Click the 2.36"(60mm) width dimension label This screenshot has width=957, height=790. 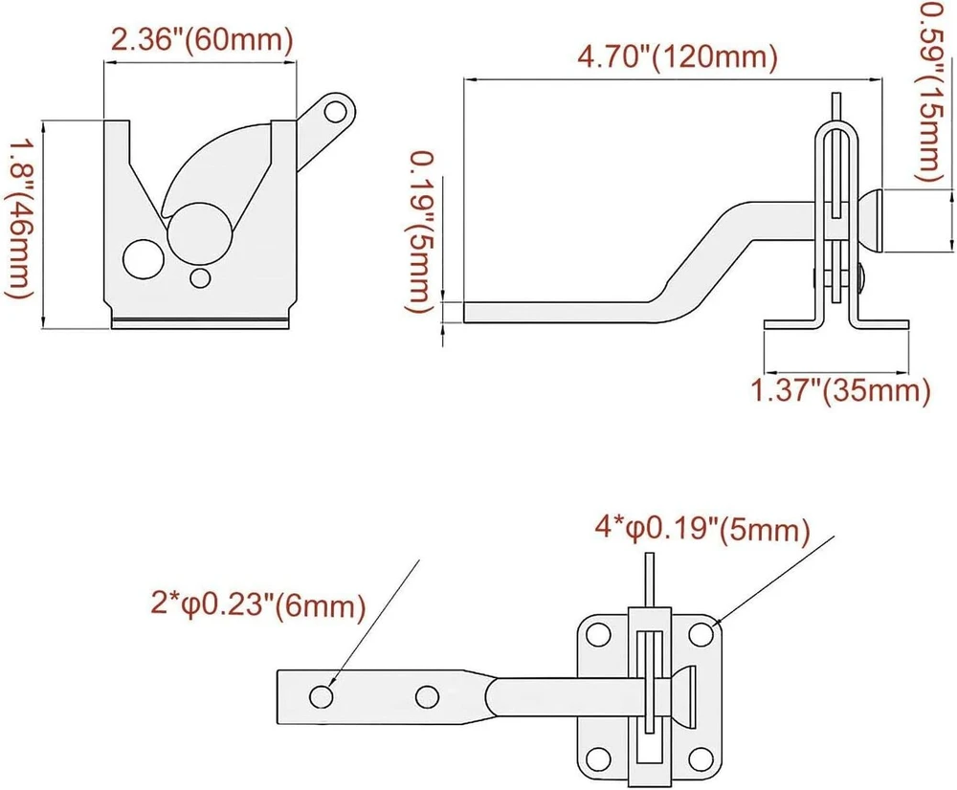point(202,40)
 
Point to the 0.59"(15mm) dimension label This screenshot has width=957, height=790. point(932,92)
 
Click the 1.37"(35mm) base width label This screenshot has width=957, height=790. point(839,390)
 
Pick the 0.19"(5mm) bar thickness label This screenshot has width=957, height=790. point(422,233)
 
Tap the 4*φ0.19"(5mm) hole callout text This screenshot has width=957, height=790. point(701,530)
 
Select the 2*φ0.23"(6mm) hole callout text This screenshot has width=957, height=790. point(258,605)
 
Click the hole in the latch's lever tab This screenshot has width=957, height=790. point(334,112)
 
